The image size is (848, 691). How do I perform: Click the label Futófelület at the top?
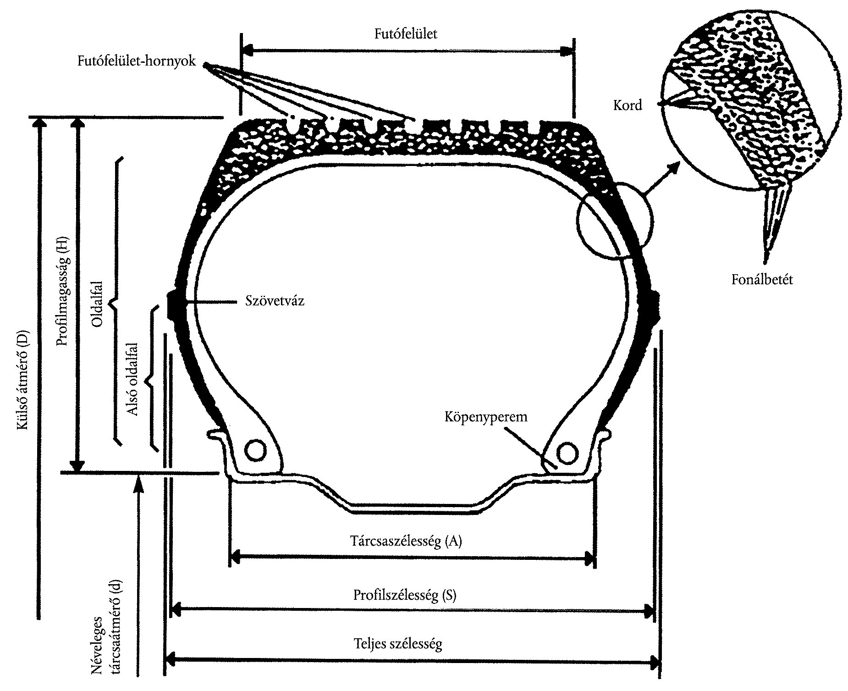[406, 34]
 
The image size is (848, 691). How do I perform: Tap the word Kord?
[628, 106]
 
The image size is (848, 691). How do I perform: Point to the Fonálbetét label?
[762, 279]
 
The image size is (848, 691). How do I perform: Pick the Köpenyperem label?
[486, 417]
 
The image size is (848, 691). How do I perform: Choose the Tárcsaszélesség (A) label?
[406, 541]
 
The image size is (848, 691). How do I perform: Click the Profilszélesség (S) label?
[405, 595]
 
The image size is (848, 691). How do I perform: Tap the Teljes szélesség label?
[398, 644]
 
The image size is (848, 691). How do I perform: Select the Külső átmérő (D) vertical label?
[23, 380]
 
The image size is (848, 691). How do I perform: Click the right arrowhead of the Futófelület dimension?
[567, 51]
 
